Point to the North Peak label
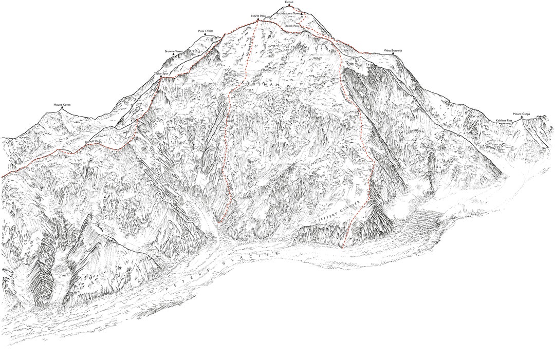tap(258, 16)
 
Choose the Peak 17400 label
tap(206, 31)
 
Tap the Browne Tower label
tap(174, 51)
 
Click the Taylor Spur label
tap(161, 73)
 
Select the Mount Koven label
tap(62, 105)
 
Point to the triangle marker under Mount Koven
tap(62, 109)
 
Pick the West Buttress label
tap(393, 50)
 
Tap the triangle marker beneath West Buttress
tap(394, 54)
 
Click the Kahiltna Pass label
tap(504, 120)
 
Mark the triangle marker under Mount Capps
tap(522, 118)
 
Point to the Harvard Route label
tap(248, 49)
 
